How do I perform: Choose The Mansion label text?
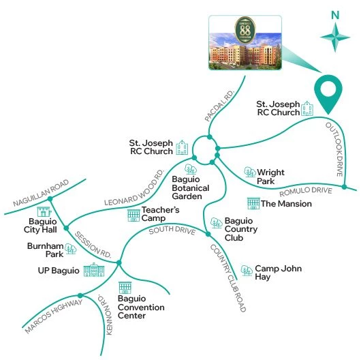(x=286, y=203)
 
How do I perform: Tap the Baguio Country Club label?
(x=244, y=227)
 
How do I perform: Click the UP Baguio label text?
(x=59, y=271)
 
